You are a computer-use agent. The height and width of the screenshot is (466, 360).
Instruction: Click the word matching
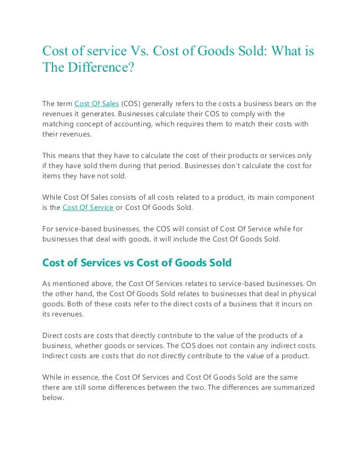tap(59, 124)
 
